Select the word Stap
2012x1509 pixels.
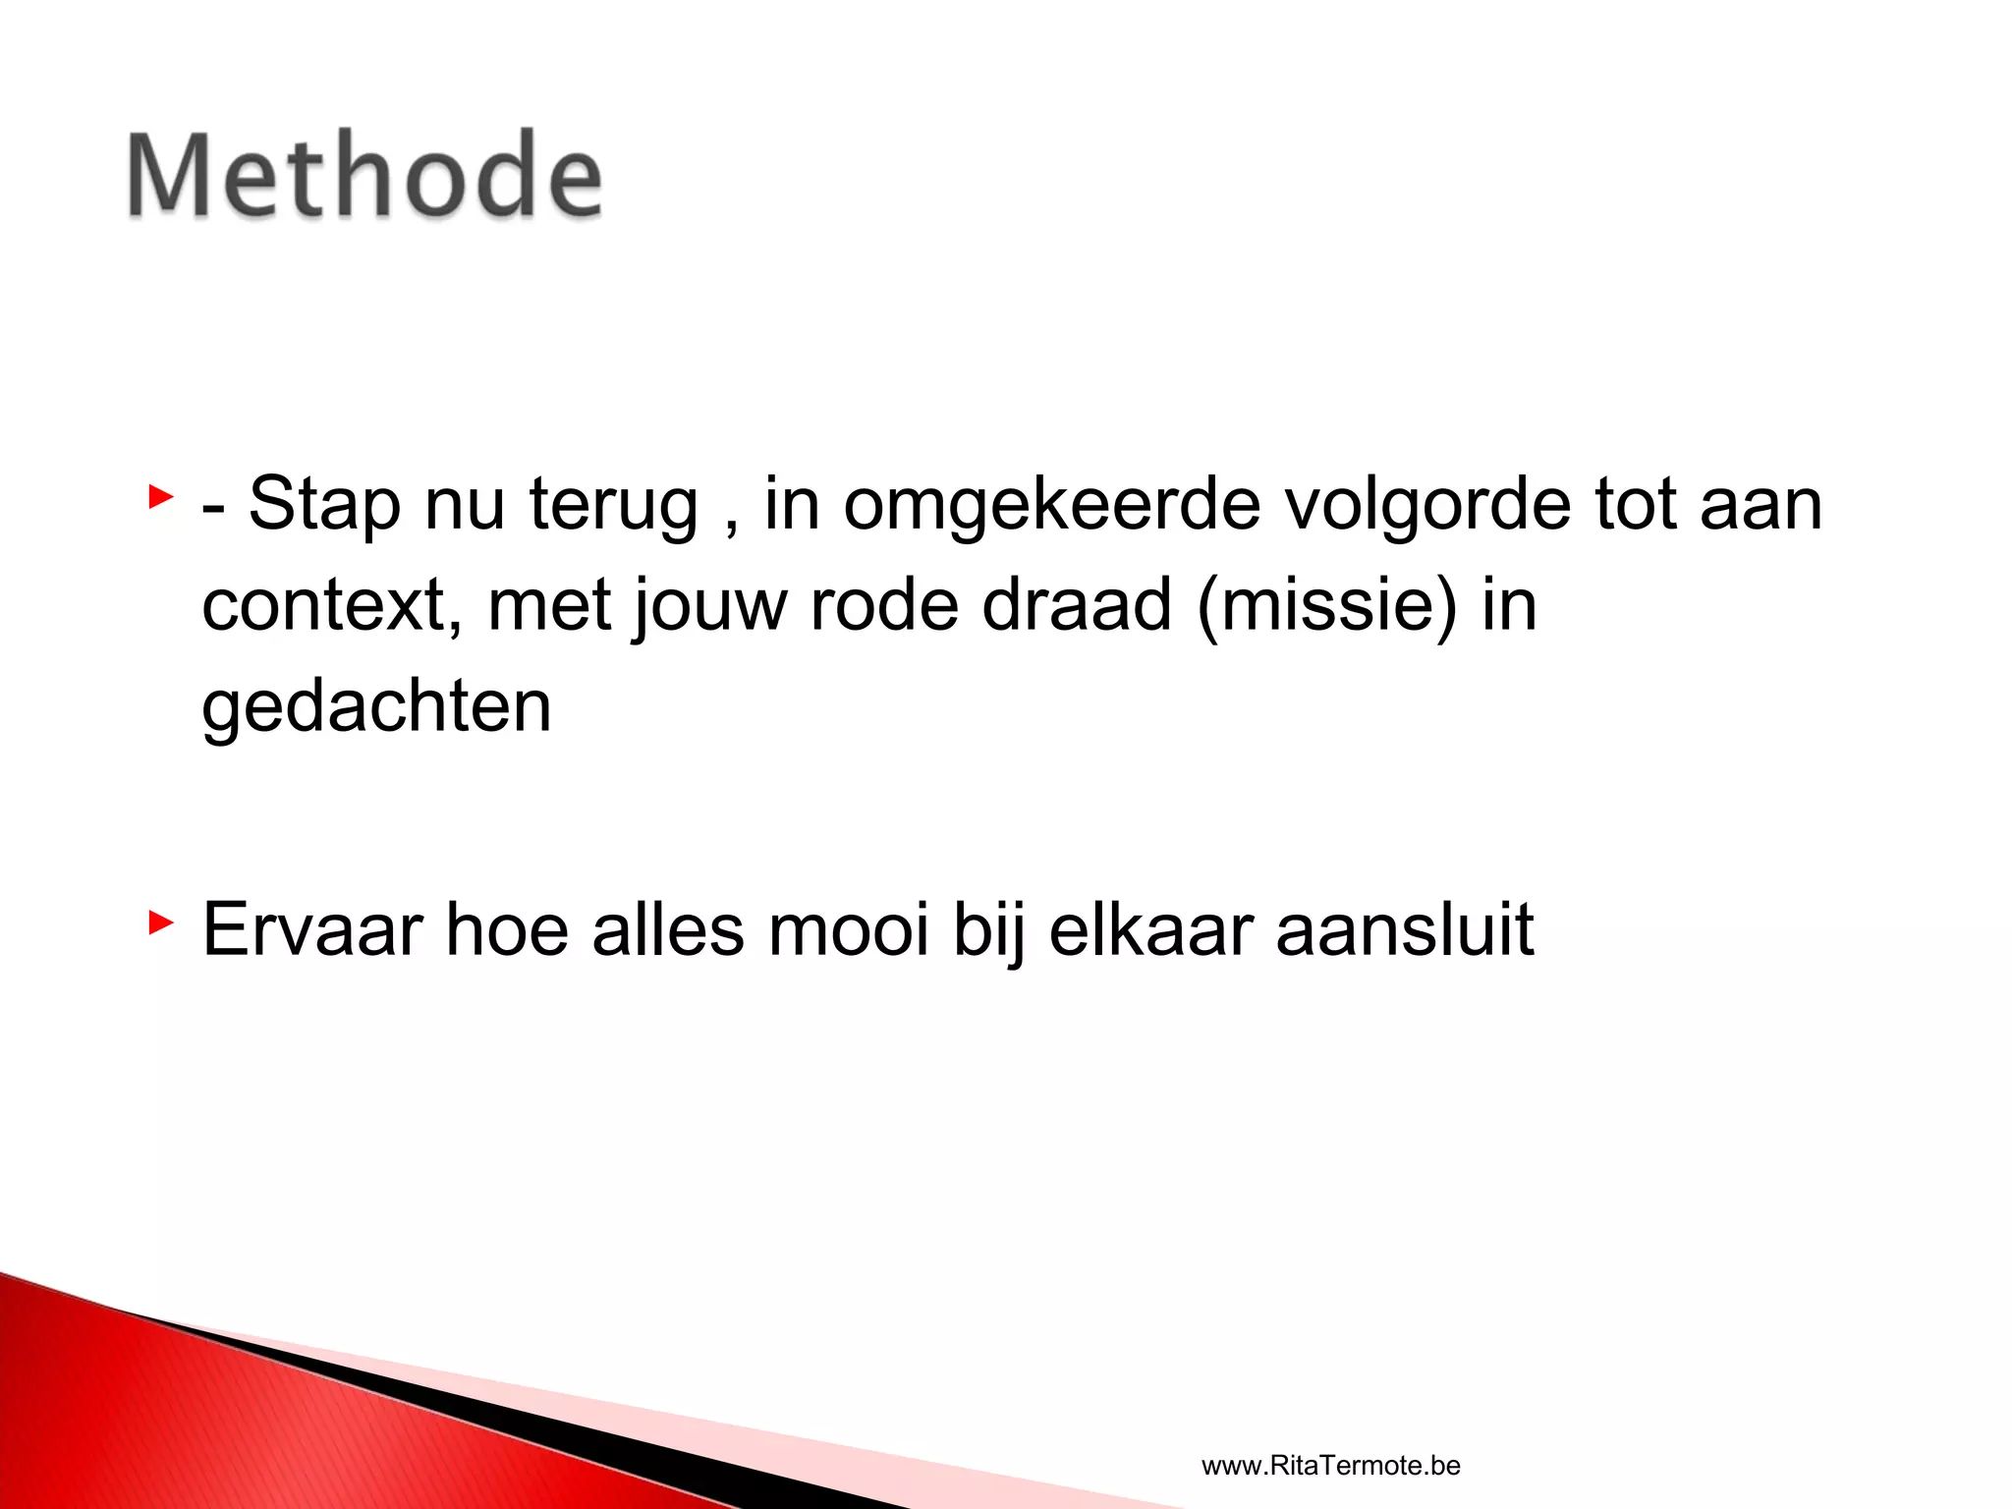pos(324,505)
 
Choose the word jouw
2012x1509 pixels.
pos(709,605)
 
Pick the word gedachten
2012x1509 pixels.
pos(376,707)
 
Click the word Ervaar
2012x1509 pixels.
pos(312,929)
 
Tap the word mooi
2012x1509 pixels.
pos(848,929)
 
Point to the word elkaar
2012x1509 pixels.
pos(1150,929)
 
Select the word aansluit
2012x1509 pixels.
pos(1405,929)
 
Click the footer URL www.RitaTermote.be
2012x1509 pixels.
pos(1330,1466)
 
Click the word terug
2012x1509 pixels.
pos(613,505)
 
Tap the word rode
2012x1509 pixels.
pos(883,605)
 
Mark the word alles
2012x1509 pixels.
pos(667,929)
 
